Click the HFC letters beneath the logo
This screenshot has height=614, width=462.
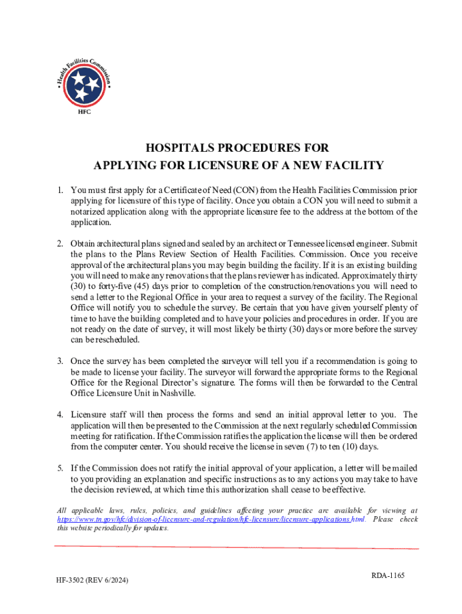click(x=86, y=112)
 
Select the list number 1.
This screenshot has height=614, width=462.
click(x=60, y=191)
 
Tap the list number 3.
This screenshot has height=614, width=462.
click(x=60, y=362)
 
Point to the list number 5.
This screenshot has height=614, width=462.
click(x=60, y=468)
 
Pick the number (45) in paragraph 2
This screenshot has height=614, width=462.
click(x=143, y=286)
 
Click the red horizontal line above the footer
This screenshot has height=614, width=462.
click(x=236, y=547)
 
